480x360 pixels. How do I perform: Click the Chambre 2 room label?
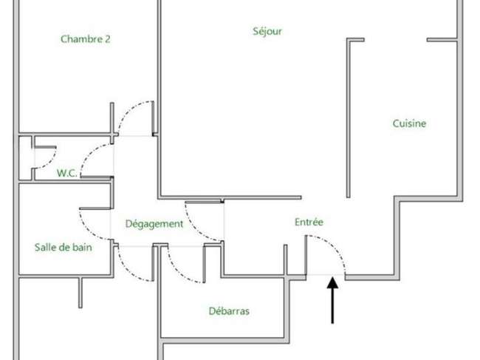tap(86, 39)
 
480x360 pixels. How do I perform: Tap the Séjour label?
tap(267, 31)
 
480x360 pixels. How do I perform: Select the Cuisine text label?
tap(409, 123)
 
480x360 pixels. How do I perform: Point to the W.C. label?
tap(66, 173)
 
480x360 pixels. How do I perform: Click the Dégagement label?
tap(154, 224)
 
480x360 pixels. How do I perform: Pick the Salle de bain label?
tap(64, 247)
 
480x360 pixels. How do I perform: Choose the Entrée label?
tap(309, 222)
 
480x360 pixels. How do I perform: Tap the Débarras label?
tap(229, 311)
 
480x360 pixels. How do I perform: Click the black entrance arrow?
tap(332, 299)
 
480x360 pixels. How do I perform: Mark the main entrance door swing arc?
tap(335, 246)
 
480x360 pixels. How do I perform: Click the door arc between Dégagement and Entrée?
tap(195, 229)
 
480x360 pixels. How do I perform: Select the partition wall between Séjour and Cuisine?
tap(349, 118)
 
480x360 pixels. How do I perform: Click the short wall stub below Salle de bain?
tap(80, 293)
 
